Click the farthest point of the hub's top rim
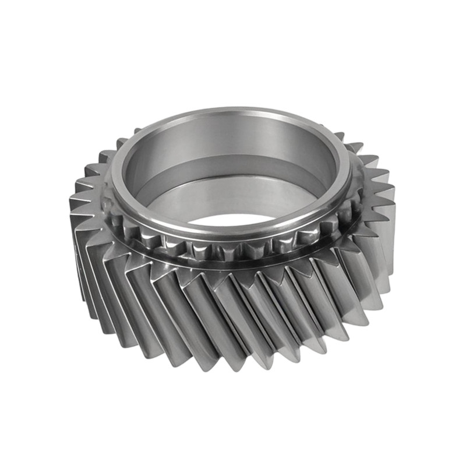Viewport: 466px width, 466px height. tap(233, 110)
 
